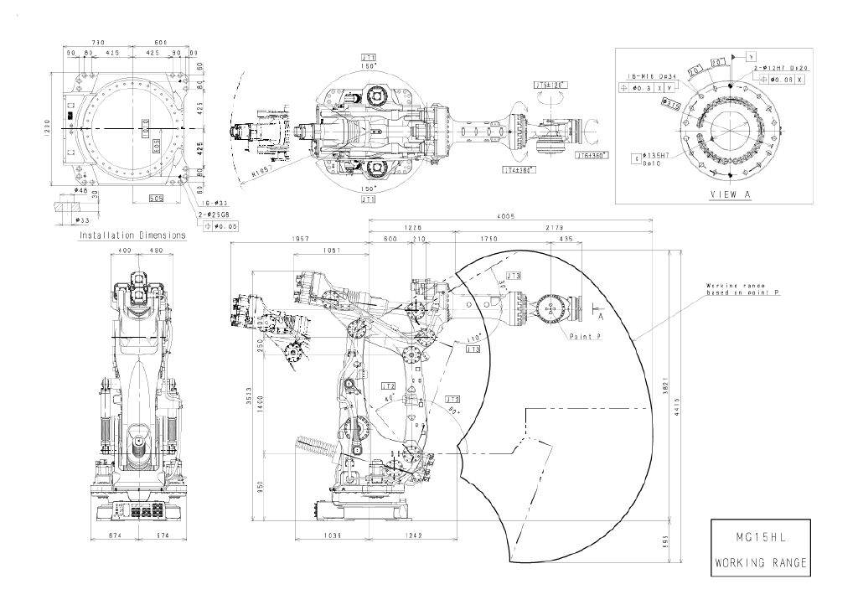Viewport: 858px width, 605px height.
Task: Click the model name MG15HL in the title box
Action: [x=762, y=534]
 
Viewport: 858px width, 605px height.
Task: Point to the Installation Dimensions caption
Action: [x=132, y=235]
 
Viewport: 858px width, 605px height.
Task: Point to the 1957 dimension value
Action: [x=301, y=240]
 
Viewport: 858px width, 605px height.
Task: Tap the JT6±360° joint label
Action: [x=591, y=155]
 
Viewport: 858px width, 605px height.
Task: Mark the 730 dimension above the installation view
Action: [x=98, y=43]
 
